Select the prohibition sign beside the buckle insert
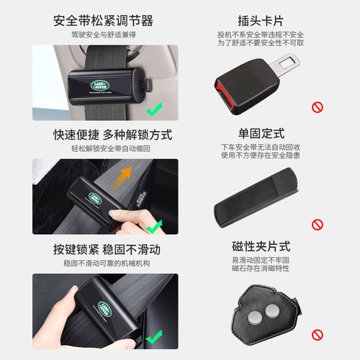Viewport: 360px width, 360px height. pos(317,108)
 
